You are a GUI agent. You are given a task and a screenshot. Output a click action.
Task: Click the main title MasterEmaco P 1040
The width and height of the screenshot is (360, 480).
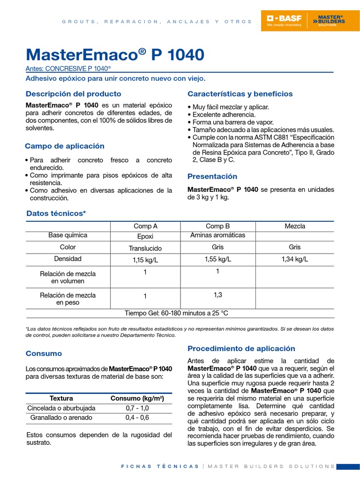point(115,55)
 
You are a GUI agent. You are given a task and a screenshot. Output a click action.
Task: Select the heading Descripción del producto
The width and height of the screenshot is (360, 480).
point(73,94)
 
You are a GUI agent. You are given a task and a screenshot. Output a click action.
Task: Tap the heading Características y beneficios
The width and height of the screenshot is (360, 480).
point(240,94)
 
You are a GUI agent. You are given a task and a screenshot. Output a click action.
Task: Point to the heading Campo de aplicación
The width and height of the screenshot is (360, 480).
point(65,146)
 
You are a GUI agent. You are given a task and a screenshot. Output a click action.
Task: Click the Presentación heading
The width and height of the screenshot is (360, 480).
point(212,177)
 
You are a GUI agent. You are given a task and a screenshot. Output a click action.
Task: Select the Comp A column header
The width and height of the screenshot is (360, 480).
point(145,226)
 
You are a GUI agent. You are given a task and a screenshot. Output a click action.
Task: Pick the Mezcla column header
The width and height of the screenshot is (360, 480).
point(295,226)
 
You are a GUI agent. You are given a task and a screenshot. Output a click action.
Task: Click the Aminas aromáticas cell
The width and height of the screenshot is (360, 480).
point(217,235)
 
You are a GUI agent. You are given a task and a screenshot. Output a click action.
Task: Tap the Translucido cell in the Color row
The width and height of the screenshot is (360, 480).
point(145,248)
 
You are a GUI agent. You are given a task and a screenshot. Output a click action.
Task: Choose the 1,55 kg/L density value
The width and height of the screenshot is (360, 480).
point(217,259)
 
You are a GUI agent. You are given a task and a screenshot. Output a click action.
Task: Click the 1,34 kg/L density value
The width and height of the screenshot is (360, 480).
point(295,259)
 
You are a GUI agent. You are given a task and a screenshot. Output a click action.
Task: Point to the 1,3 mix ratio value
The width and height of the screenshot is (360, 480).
point(217,294)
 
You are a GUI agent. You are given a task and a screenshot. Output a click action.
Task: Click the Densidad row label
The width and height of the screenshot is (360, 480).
point(68,259)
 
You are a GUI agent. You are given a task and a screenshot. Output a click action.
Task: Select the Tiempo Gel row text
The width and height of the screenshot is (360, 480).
point(176,313)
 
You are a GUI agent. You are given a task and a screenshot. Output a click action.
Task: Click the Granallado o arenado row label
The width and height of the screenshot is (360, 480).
point(61,418)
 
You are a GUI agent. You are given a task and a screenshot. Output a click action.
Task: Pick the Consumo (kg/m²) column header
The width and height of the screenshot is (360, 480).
point(137,398)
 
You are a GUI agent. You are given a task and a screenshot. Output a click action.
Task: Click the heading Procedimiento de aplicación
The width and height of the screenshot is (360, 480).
point(241,349)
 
